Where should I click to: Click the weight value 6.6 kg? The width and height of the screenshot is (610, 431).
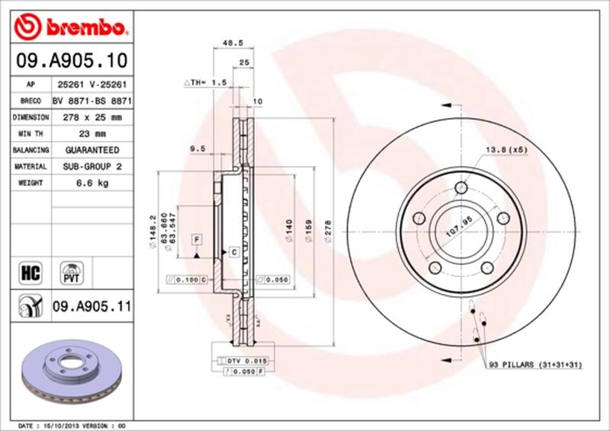[x=92, y=183]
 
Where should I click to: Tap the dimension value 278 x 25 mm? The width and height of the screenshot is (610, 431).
[x=92, y=117]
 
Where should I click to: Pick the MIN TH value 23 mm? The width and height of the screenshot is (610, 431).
[x=92, y=134]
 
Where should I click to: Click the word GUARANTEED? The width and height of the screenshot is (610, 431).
[x=92, y=150]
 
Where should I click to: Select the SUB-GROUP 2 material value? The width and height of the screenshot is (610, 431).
[x=92, y=166]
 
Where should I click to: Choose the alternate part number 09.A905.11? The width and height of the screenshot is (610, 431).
[x=92, y=307]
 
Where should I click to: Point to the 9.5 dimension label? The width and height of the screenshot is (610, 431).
[x=195, y=150]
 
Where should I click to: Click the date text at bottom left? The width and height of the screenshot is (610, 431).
[x=69, y=424]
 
